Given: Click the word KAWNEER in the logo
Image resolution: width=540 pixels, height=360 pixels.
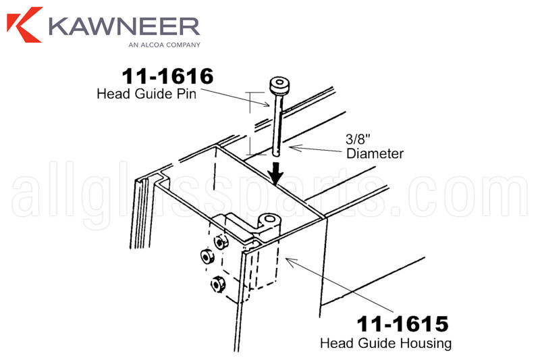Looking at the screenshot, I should coord(123,26).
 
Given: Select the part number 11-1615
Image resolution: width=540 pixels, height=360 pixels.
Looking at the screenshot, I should coord(402,324).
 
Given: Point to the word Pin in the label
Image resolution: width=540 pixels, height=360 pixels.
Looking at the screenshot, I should coord(187,94).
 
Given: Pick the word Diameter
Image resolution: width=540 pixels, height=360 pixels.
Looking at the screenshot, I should coord(375,154).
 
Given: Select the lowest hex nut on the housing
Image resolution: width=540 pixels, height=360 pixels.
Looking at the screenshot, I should coord(218,284).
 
